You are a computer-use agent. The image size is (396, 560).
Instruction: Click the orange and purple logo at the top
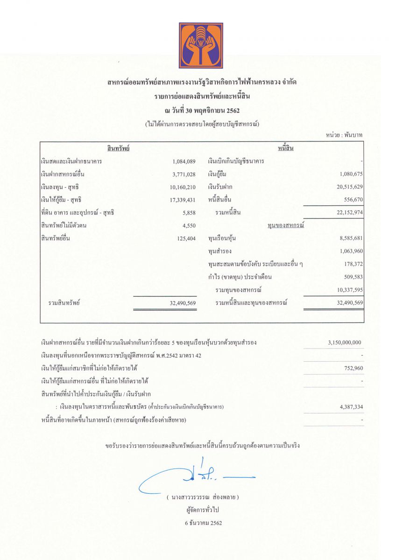pos(201,45)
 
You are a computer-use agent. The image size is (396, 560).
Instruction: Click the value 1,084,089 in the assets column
pos(184,161)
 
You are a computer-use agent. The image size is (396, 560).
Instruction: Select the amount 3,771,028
pos(184,174)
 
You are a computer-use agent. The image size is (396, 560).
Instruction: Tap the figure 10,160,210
pos(182,187)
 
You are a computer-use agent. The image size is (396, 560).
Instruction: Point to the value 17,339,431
pos(182,200)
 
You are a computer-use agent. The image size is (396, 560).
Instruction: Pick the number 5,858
pos(188,213)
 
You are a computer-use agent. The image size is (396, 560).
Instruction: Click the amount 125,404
pos(185,238)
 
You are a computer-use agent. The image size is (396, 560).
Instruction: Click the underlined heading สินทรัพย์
pos(118,148)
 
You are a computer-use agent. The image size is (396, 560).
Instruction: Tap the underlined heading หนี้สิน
pos(286,148)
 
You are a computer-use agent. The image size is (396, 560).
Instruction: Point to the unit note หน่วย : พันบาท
pos(345,135)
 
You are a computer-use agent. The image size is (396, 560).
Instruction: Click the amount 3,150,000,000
pos(344,343)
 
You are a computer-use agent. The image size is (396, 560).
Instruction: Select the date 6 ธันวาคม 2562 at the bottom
pos(203,523)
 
